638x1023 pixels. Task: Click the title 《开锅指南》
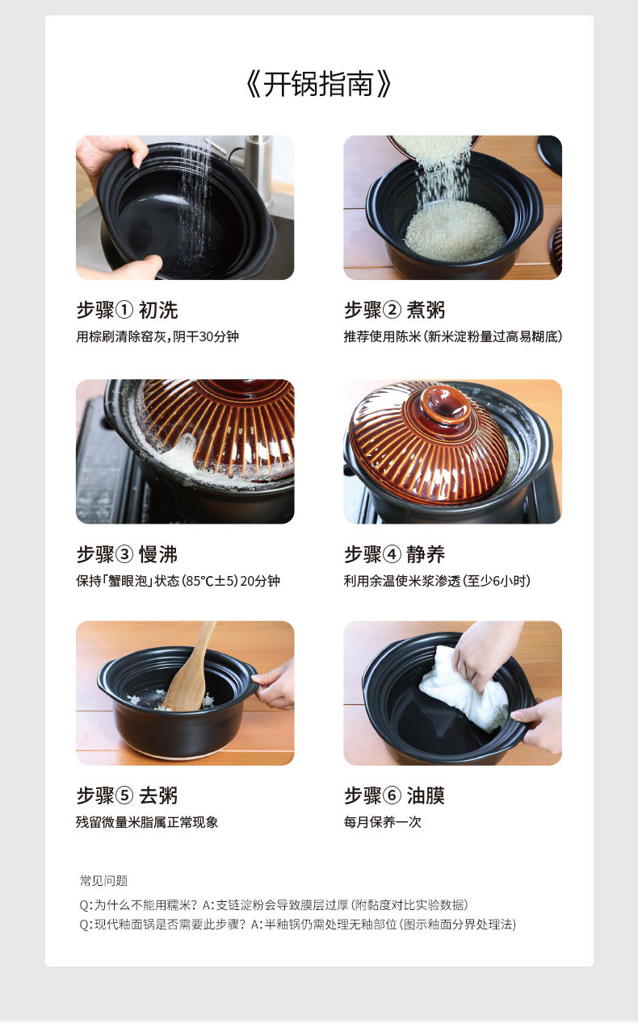pyautogui.click(x=318, y=84)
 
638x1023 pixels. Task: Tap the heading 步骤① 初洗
pyautogui.click(x=127, y=310)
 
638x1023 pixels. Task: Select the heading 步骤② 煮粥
pyautogui.click(x=394, y=310)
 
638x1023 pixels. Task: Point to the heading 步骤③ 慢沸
pyautogui.click(x=127, y=554)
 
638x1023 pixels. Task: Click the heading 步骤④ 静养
pyautogui.click(x=394, y=554)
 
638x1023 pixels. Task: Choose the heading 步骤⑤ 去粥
pyautogui.click(x=127, y=795)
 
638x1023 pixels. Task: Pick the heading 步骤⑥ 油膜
pyautogui.click(x=394, y=795)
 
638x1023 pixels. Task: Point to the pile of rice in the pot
pyautogui.click(x=455, y=231)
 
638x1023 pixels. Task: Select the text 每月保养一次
pyautogui.click(x=383, y=822)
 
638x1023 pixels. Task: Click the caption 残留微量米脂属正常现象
pyautogui.click(x=147, y=822)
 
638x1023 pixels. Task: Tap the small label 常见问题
pyautogui.click(x=103, y=880)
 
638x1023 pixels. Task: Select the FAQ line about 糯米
pyautogui.click(x=274, y=904)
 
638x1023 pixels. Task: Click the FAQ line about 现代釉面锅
pyautogui.click(x=297, y=925)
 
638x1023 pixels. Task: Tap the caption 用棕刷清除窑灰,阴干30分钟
pyautogui.click(x=157, y=336)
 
